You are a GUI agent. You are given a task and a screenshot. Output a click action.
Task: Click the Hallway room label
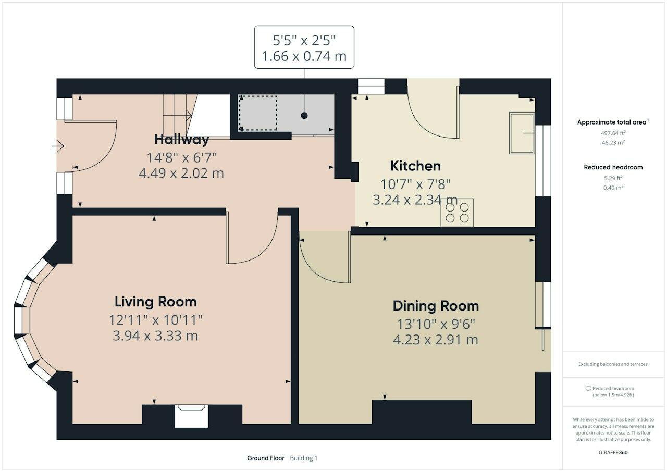(x=182, y=140)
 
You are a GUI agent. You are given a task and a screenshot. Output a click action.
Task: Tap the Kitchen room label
(x=415, y=166)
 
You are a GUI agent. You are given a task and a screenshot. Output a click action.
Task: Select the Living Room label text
(x=156, y=302)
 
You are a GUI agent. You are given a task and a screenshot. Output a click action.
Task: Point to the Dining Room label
(x=436, y=306)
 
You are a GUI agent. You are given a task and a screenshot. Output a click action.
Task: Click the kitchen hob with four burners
(x=457, y=213)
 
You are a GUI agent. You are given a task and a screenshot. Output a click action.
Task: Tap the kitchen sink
(x=522, y=133)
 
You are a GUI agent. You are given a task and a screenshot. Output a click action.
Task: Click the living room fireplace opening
(x=191, y=416)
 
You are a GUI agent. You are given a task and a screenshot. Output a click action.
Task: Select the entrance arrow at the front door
(x=58, y=146)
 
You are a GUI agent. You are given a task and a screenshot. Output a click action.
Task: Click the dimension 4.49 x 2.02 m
(x=181, y=173)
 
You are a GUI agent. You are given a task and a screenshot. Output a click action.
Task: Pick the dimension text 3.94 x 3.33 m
(x=155, y=336)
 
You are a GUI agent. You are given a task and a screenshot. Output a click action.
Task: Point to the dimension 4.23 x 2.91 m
(x=436, y=340)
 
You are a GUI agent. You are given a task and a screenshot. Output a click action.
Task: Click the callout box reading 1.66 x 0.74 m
(x=304, y=47)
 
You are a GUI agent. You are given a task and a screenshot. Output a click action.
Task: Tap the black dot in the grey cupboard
(x=304, y=116)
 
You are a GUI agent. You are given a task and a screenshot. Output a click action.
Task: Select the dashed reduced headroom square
(x=258, y=113)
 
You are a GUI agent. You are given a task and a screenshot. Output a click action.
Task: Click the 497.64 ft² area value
(x=613, y=133)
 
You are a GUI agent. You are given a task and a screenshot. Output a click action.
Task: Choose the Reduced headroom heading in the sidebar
(x=613, y=167)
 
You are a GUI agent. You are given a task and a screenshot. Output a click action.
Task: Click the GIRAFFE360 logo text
(x=613, y=453)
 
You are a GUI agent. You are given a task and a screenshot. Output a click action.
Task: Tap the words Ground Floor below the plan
(x=266, y=458)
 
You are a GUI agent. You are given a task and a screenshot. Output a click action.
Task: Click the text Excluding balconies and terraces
(x=613, y=364)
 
